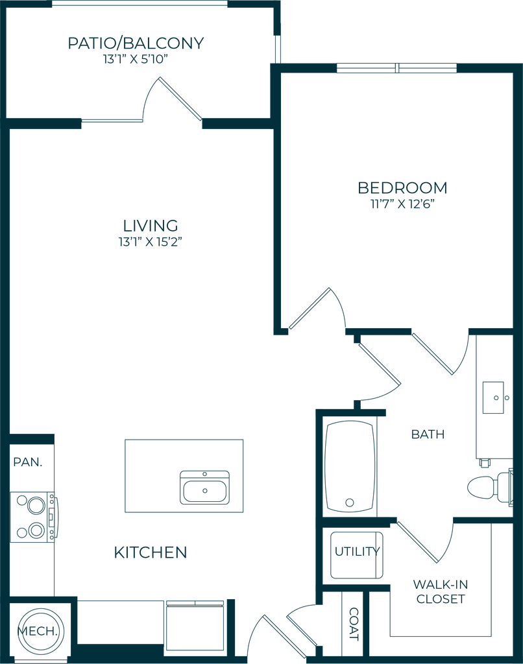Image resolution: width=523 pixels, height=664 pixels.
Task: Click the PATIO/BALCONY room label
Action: pos(136,44)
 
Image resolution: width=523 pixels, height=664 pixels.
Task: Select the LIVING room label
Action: pos(151,226)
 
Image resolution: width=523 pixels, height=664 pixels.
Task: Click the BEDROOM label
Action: pos(403,188)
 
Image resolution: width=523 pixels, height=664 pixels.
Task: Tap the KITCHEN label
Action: pos(151,552)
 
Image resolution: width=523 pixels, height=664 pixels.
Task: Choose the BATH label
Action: pos(428,434)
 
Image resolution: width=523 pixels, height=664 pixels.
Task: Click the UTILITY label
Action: pos(357,553)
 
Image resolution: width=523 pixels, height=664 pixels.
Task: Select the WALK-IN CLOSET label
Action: pos(441,591)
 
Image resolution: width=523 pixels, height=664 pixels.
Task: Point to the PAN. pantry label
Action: pos(29,463)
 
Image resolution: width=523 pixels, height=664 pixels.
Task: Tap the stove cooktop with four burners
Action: pos(31,517)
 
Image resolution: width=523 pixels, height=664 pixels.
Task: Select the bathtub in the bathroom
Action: pos(350,466)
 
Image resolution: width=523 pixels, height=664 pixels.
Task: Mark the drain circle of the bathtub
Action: pos(350,501)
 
